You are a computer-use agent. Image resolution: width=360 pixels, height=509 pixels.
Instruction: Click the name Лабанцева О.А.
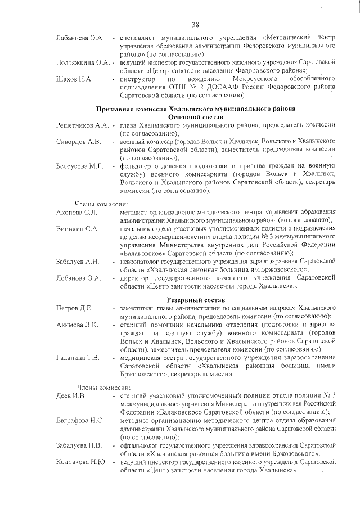point(80,38)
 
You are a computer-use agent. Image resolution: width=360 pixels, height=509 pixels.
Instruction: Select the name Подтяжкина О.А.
point(83,62)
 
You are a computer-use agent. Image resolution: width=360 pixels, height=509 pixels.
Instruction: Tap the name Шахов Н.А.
point(74,79)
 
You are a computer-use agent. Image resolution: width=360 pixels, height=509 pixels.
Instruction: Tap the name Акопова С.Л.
point(77,212)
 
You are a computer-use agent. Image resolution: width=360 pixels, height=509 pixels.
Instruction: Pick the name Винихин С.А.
point(78,229)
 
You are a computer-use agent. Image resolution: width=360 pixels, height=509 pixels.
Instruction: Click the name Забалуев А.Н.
point(78,262)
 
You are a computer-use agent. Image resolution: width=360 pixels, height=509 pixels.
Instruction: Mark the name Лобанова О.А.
point(78,278)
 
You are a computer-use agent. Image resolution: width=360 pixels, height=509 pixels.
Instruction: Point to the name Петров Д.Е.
point(74,308)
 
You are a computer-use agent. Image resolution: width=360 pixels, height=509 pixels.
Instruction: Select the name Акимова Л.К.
point(78,325)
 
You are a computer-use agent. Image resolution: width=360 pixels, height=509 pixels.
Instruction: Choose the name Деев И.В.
point(71,396)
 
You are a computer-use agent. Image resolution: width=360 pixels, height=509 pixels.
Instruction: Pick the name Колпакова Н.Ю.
point(81,461)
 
